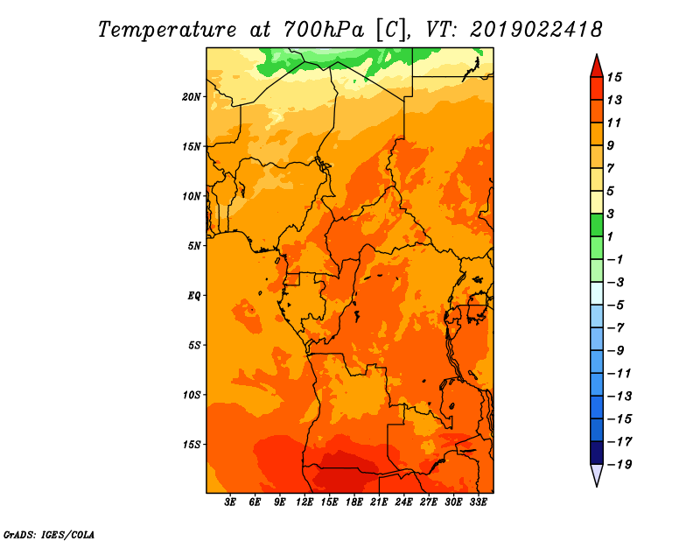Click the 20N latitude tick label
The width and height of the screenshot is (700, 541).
pyautogui.click(x=191, y=96)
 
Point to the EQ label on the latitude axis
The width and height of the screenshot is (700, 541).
pyautogui.click(x=193, y=295)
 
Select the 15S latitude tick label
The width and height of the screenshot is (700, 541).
pyautogui.click(x=191, y=445)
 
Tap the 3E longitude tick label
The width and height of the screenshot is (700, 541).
pyautogui.click(x=230, y=502)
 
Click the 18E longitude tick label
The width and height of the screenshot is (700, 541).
pyautogui.click(x=354, y=502)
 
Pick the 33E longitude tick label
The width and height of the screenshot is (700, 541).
pyautogui.click(x=478, y=502)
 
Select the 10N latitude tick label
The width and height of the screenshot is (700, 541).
pyautogui.click(x=191, y=196)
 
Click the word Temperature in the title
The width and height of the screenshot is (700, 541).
pyautogui.click(x=166, y=30)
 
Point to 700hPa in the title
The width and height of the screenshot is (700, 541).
pyautogui.click(x=324, y=30)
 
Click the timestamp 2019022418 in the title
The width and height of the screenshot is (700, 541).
pyautogui.click(x=536, y=30)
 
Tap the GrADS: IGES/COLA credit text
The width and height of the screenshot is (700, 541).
pyautogui.click(x=49, y=535)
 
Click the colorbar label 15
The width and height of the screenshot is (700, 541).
pyautogui.click(x=614, y=77)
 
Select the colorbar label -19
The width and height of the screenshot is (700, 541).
pyautogui.click(x=619, y=465)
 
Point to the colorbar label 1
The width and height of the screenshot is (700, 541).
pyautogui.click(x=610, y=236)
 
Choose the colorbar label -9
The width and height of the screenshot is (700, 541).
pyautogui.click(x=616, y=351)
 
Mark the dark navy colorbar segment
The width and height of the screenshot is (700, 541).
pyautogui.click(x=597, y=453)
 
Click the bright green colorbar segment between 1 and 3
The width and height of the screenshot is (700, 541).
pyautogui.click(x=597, y=225)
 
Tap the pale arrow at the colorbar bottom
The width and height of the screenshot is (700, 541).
pyautogui.click(x=597, y=474)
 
